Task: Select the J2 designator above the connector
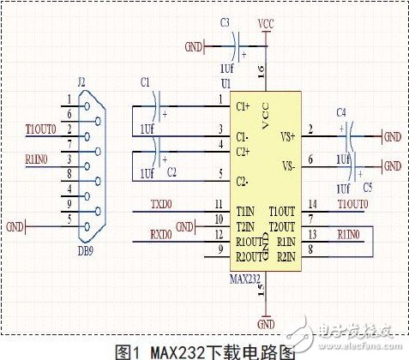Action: tap(81, 82)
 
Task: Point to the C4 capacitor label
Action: tap(341, 112)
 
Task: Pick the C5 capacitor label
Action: tap(369, 185)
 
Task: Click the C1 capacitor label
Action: tap(143, 82)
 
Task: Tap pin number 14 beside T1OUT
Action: tap(315, 204)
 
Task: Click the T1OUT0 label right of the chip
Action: tap(352, 204)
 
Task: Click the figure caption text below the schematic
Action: tap(204, 351)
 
